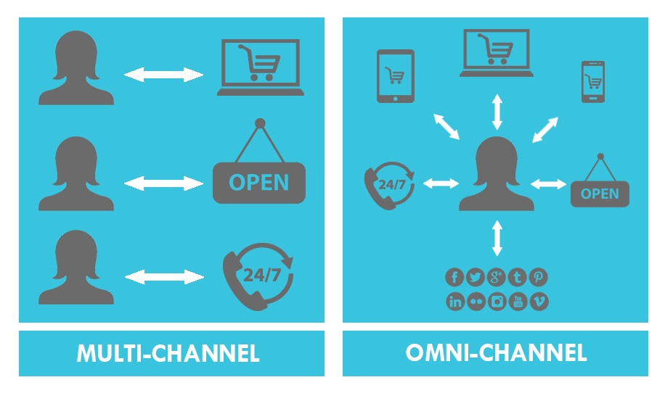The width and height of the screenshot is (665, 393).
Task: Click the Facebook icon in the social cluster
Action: [x=455, y=277]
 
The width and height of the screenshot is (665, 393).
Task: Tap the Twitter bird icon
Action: [x=476, y=277]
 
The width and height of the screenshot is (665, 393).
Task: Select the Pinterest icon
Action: [x=539, y=277]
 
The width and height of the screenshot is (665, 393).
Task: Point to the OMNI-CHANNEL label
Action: [x=496, y=354]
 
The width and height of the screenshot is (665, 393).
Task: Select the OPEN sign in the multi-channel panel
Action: [x=259, y=181]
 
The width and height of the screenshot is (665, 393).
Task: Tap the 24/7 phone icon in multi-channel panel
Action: [x=258, y=276]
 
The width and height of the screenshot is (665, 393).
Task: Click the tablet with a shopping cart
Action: [x=395, y=75]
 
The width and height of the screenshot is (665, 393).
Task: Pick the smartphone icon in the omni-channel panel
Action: [x=592, y=82]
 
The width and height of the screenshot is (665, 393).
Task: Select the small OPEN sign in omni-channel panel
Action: [x=600, y=193]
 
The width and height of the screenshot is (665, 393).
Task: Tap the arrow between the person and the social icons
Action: [x=497, y=238]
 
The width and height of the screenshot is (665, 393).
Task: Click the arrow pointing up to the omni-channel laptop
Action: [x=497, y=111]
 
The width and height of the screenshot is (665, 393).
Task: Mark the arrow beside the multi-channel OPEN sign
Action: [x=164, y=183]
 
